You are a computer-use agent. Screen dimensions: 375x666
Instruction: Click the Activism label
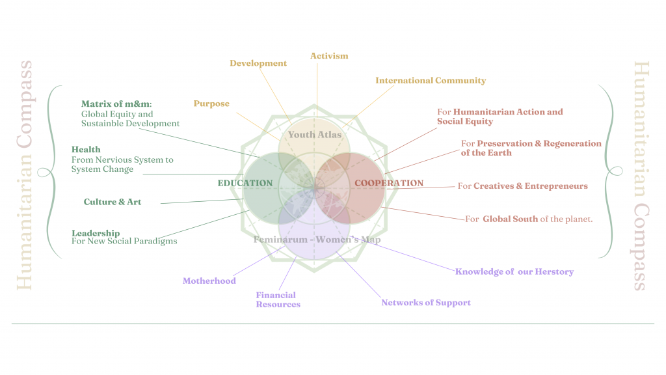[x=329, y=56]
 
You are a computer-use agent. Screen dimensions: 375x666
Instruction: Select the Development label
[x=258, y=63]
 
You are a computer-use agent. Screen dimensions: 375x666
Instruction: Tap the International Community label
[x=431, y=81]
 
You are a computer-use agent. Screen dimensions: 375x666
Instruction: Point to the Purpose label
[x=211, y=104]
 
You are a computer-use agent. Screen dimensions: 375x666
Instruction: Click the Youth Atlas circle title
[x=315, y=135]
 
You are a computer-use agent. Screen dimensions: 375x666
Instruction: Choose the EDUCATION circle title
[x=245, y=183]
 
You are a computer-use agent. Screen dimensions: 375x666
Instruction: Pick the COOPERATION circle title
[x=389, y=183]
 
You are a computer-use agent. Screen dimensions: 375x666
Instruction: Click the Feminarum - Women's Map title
[x=317, y=240]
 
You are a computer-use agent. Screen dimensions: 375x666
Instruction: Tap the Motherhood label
[x=209, y=281]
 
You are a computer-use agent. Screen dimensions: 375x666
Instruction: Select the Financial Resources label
[x=278, y=299]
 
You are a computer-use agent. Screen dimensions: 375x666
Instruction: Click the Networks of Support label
[x=426, y=303]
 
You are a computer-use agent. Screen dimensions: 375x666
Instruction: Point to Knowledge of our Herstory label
[x=514, y=271]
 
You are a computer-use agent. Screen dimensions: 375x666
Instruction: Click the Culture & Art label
[x=113, y=202]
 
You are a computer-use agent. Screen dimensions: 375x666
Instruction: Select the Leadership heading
[x=96, y=233]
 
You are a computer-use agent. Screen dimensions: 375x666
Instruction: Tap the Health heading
[x=86, y=150]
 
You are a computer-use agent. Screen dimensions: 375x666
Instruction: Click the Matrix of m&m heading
[x=116, y=104]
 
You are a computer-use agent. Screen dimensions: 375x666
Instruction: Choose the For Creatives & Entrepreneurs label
[x=522, y=186]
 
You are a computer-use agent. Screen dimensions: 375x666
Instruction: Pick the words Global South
[x=510, y=219]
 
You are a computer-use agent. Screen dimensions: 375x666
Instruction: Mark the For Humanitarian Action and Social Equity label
[x=499, y=117]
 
